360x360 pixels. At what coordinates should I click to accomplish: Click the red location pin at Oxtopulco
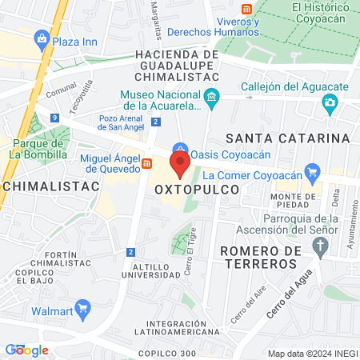[180, 166]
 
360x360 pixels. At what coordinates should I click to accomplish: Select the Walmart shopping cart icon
[81, 309]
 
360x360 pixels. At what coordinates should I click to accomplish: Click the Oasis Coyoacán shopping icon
[182, 150]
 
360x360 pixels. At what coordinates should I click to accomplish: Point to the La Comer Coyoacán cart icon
[312, 170]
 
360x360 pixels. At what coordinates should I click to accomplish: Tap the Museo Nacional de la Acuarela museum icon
[211, 100]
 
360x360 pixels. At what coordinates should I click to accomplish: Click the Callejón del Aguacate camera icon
[329, 102]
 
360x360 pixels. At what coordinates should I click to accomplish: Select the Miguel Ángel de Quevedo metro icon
[146, 163]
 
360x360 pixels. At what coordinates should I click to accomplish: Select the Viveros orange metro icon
[247, 7]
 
